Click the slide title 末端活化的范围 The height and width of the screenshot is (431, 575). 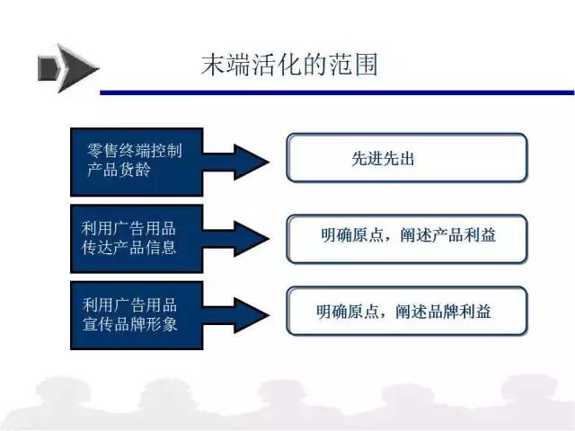click(x=289, y=66)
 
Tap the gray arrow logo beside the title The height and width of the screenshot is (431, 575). click(x=68, y=68)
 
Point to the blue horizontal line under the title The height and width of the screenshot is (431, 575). click(x=337, y=92)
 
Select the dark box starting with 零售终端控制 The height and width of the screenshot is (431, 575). click(x=137, y=162)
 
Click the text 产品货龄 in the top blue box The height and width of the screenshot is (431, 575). click(x=119, y=170)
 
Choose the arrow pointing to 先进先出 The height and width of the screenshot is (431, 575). click(x=236, y=162)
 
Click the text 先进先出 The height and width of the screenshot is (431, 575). click(x=383, y=159)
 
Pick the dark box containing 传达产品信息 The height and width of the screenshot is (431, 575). click(x=137, y=239)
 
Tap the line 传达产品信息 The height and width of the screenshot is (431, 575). click(x=129, y=248)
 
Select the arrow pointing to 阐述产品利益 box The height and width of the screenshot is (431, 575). click(x=236, y=239)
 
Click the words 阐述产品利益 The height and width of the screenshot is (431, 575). click(x=447, y=235)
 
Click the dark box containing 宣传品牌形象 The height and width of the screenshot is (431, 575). click(x=137, y=315)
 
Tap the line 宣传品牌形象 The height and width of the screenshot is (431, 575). click(x=129, y=324)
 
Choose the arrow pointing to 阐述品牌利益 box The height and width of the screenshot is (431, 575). click(x=236, y=315)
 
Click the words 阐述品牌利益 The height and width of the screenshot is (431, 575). click(x=443, y=312)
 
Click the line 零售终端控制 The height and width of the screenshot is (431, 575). click(x=134, y=151)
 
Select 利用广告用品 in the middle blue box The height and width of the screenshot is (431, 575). click(x=128, y=228)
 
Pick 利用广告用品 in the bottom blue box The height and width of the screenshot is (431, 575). click(x=129, y=304)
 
